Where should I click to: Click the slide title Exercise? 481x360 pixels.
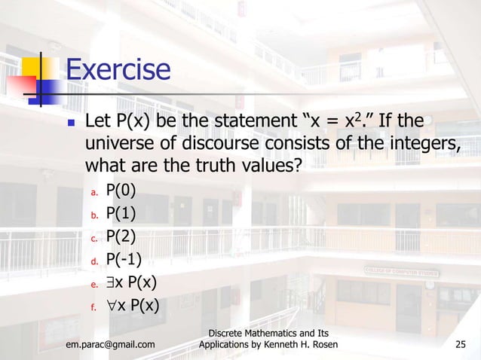(x=118, y=71)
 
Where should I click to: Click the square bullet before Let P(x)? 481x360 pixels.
(x=71, y=122)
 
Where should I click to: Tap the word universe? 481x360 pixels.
(x=123, y=142)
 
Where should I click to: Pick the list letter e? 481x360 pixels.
(x=94, y=285)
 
